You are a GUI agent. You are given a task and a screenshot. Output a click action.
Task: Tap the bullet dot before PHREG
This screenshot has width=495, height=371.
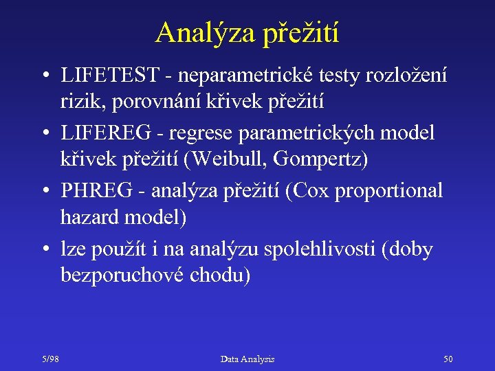coord(43,191)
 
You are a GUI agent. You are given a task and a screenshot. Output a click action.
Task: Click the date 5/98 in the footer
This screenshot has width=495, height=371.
coord(50,359)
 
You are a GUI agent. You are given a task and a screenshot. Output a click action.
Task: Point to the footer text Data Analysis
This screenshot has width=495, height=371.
coord(247,359)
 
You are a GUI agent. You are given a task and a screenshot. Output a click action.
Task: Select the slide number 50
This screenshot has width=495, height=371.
coord(448,359)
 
